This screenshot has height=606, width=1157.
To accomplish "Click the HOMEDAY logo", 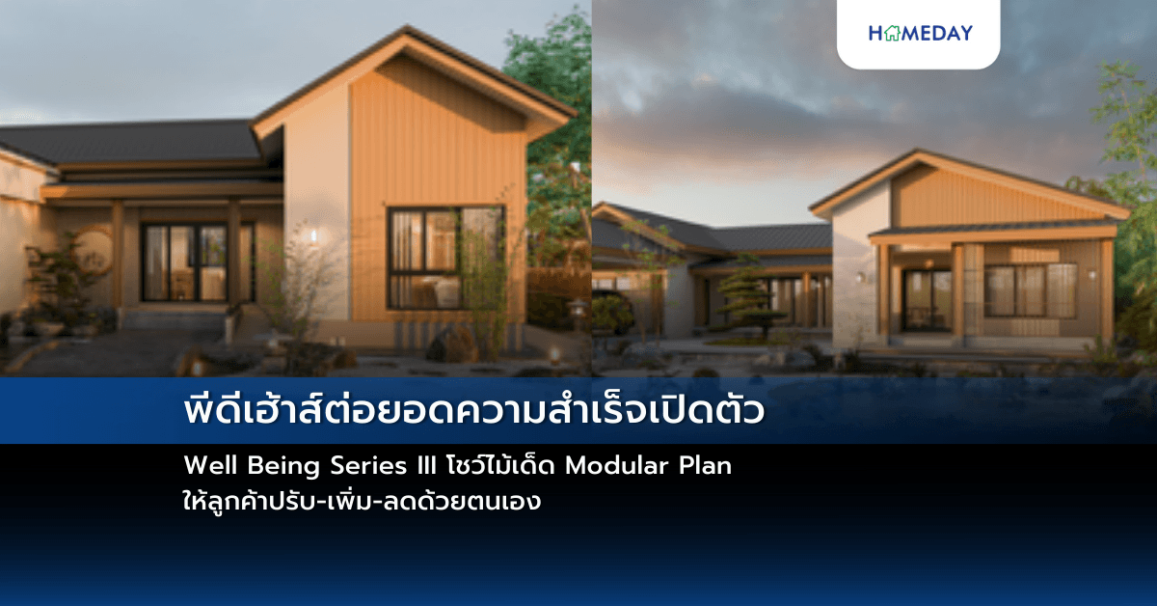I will [920, 33].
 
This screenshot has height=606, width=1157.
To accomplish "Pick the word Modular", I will [613, 465].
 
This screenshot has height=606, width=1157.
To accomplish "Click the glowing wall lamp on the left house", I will [310, 234].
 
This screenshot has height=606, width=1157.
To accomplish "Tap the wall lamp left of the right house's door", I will [860, 278].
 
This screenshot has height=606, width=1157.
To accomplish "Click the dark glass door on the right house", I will [927, 300].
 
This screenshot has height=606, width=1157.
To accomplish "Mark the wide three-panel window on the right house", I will [1030, 290].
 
